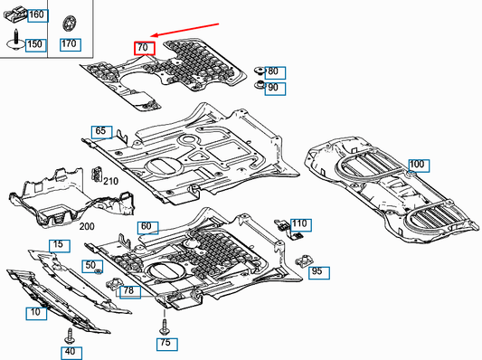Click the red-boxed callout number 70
point(145,49)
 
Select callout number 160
point(36,15)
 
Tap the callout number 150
point(35,43)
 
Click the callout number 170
point(70,43)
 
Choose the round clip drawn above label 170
point(70,23)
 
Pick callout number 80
point(273,71)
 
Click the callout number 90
point(273,88)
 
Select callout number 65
point(100,131)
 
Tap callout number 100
point(416,165)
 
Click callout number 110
point(299,223)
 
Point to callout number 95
point(317,270)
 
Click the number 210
point(110,182)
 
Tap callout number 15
point(57,245)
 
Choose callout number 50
point(90,264)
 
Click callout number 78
point(129,290)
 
